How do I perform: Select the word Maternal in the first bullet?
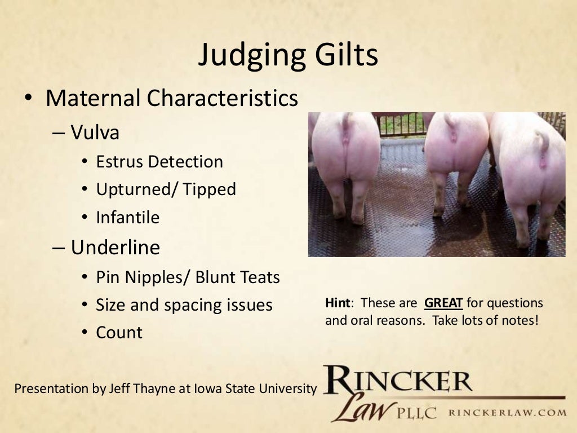pos(93,98)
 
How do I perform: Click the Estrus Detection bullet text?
pos(159,162)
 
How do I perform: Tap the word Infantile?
pos(128,217)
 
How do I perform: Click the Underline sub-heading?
pos(116,248)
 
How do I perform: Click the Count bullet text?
pos(119,333)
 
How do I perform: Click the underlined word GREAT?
pos(443,303)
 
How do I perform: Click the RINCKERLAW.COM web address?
pos(507,412)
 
